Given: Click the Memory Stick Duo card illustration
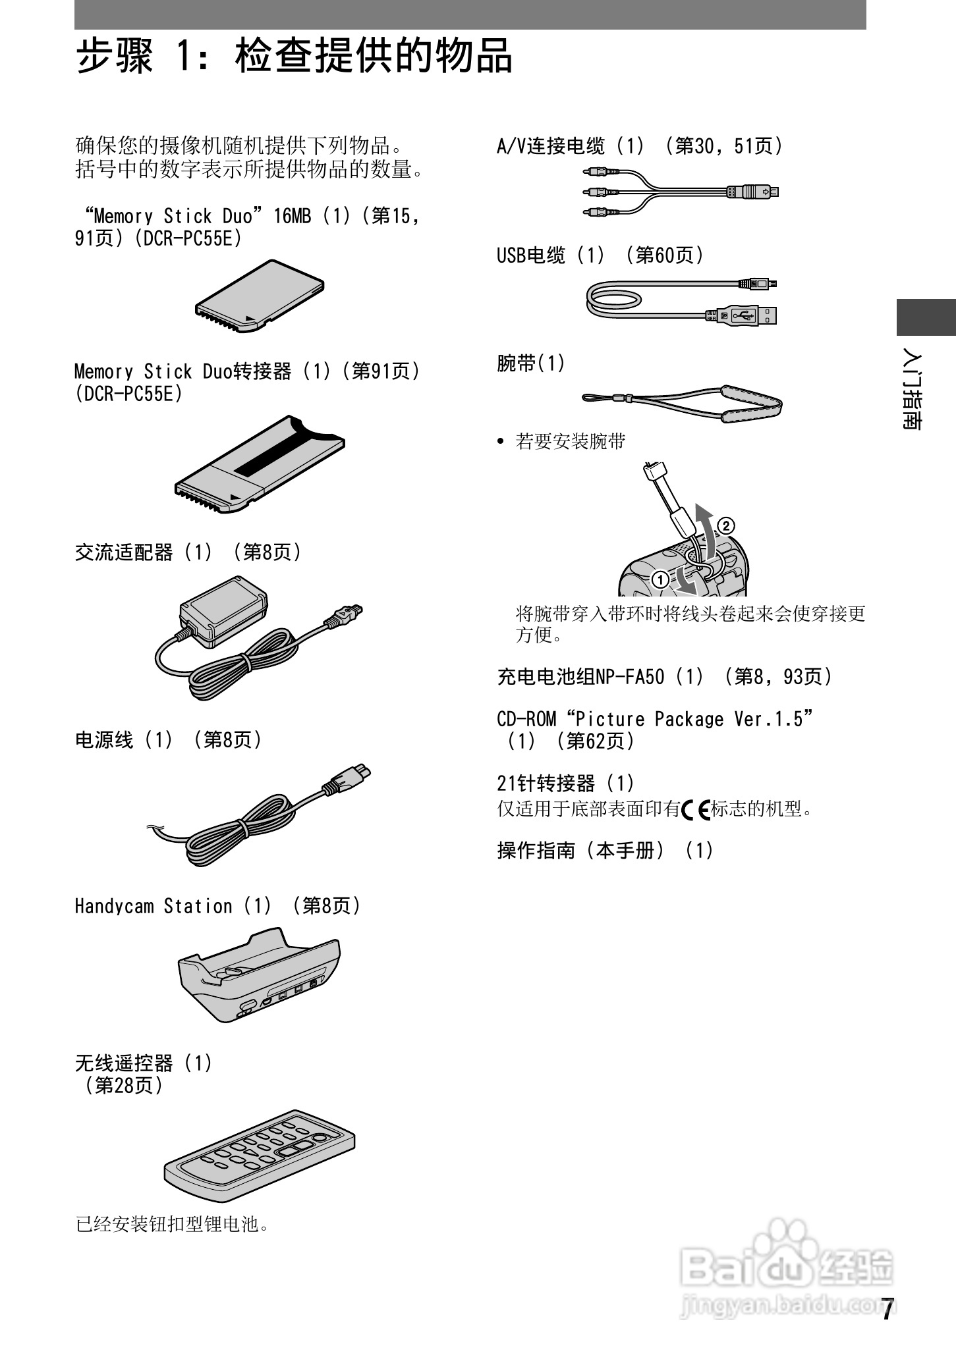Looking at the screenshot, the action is pos(260,296).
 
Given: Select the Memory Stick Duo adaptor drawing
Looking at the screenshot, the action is pos(260,464).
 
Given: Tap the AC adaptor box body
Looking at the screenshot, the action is pos(224,609).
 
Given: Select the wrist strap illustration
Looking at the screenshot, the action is pos(682,402).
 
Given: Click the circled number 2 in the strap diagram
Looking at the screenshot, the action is pos(725,525).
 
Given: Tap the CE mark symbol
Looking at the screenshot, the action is pos(696,809).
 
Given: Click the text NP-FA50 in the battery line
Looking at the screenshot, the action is pos(630,676).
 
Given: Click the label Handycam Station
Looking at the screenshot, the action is pos(154,906).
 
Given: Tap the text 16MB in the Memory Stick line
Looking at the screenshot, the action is pos(292,216).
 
